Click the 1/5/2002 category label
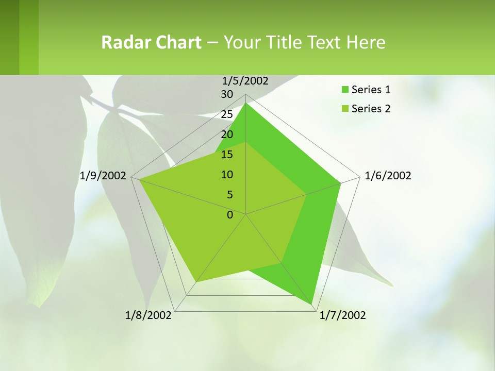coord(245,81)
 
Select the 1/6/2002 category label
coord(388,176)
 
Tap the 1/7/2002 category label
coord(342,315)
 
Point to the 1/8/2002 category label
coord(148,315)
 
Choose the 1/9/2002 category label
coord(103,176)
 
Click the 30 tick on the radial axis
coord(227,94)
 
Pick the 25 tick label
coord(227,114)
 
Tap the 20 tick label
coord(227,134)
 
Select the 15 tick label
coord(227,155)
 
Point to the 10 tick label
coord(227,175)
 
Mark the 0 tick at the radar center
coord(230,215)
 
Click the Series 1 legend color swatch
coord(344,90)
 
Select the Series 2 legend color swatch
coord(344,109)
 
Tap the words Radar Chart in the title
coord(151,42)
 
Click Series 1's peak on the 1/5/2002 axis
coord(246,104)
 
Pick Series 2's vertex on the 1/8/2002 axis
coord(196,282)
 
